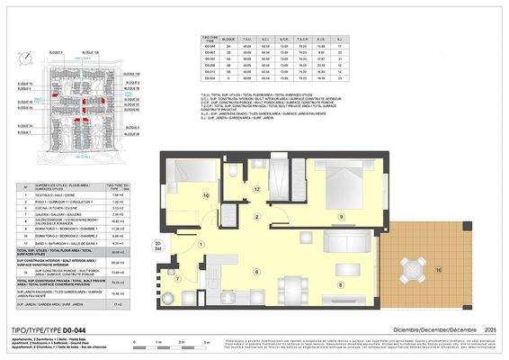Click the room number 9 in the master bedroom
[341, 218]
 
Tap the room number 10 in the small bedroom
[206, 195]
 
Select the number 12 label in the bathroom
[256, 188]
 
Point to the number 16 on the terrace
[439, 270]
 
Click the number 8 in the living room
[338, 284]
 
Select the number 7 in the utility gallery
[178, 278]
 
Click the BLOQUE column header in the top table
[228, 40]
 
